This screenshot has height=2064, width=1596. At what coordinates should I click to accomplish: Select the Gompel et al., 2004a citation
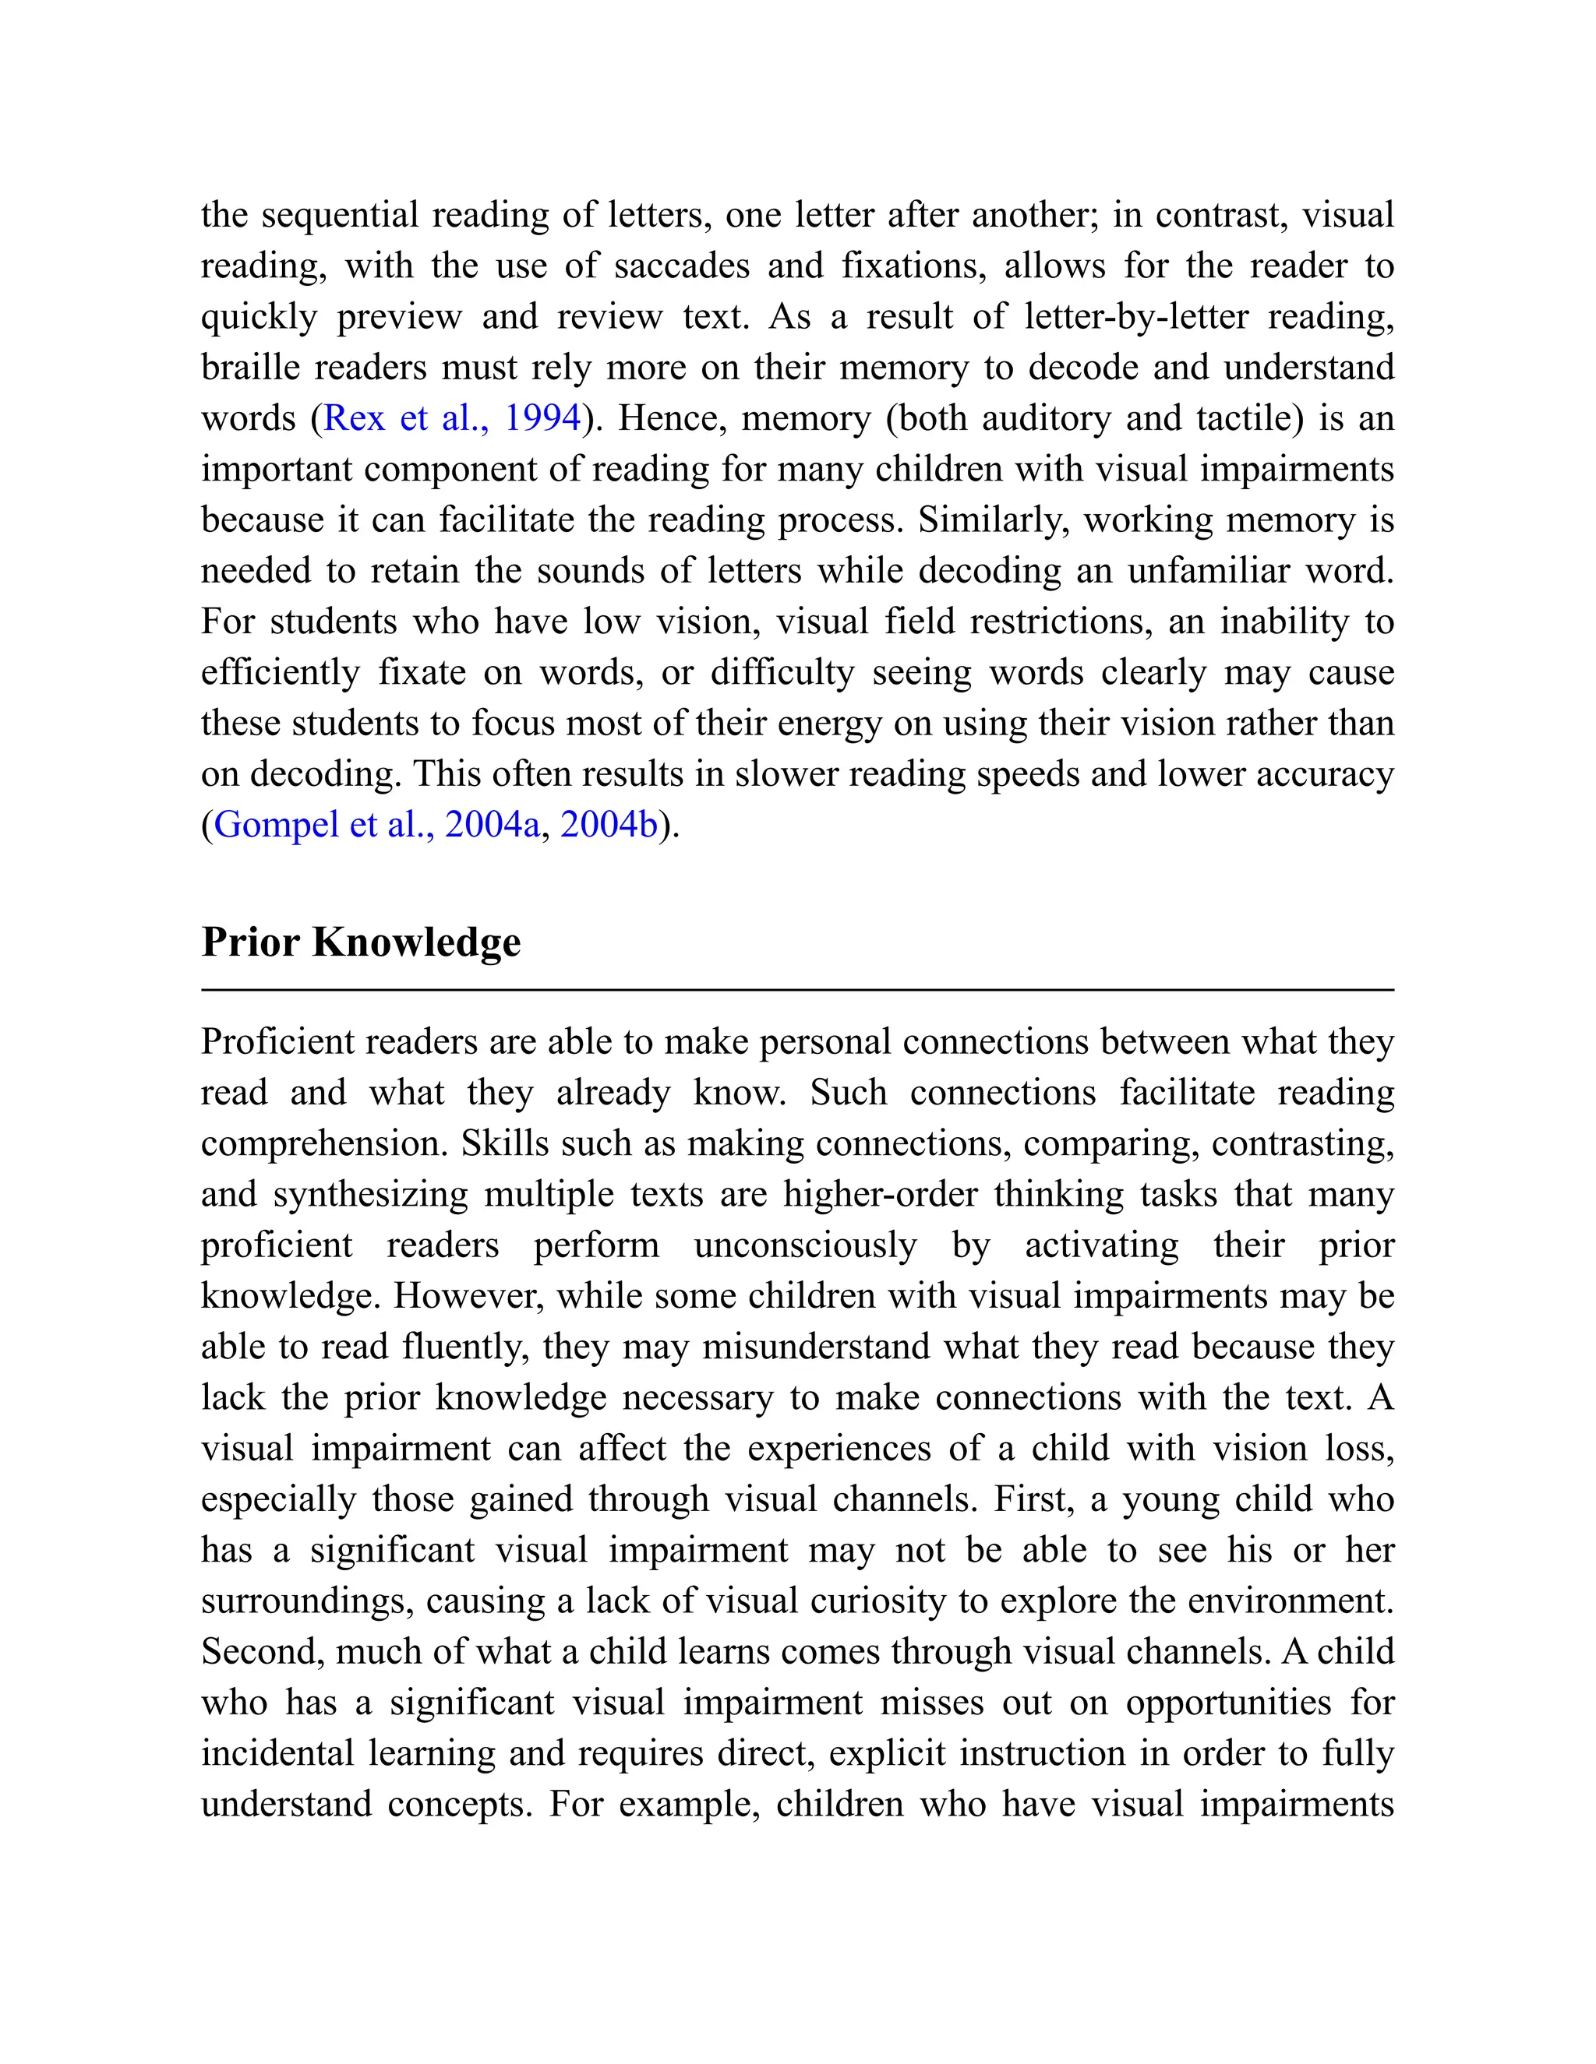[x=377, y=825]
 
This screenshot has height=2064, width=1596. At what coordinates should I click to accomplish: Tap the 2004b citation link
[x=608, y=825]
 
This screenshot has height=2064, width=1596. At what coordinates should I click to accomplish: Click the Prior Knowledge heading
[x=360, y=942]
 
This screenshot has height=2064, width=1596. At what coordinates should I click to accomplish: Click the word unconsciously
[x=804, y=1245]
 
